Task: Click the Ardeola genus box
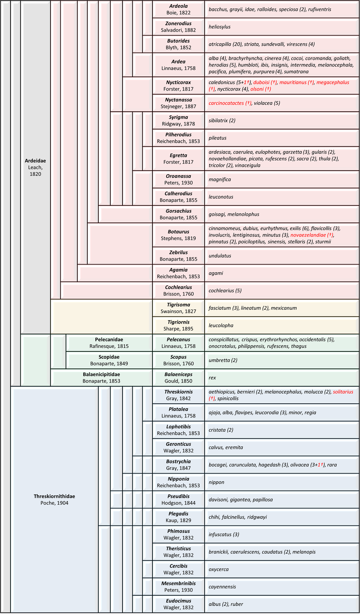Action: (x=178, y=9)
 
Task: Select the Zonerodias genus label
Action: (x=178, y=27)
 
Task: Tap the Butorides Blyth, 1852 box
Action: (x=178, y=44)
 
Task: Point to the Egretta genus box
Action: (x=178, y=159)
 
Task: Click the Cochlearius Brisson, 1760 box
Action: (x=178, y=290)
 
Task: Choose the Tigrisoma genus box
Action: (x=178, y=308)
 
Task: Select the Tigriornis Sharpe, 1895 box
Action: (x=178, y=325)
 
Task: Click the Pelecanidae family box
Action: (x=109, y=343)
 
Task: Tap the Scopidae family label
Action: (x=109, y=360)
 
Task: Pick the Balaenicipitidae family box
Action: (x=101, y=377)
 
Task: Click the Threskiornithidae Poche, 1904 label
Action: (x=54, y=500)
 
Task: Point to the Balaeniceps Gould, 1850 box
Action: (x=178, y=377)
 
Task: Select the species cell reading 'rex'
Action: (x=282, y=377)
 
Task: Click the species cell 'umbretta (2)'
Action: (x=282, y=360)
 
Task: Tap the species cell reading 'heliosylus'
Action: (x=282, y=27)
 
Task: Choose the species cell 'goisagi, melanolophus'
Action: (x=282, y=214)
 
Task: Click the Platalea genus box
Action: (x=178, y=413)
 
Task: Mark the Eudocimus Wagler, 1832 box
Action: (x=178, y=604)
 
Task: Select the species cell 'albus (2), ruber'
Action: (x=282, y=604)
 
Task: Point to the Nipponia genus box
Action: (x=178, y=482)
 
